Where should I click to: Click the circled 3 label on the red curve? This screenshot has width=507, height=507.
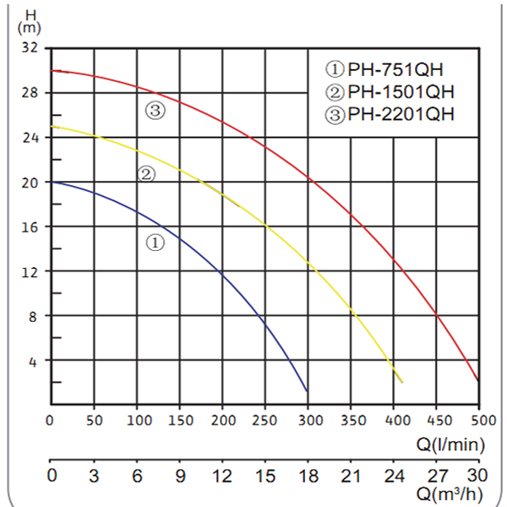pos(155,111)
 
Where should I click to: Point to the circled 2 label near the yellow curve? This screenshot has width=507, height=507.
pos(146,175)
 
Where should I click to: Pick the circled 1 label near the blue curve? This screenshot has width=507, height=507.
pos(155,243)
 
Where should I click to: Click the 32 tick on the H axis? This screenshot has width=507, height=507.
pos(30,48)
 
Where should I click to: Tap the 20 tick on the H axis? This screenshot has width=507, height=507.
pos(30,183)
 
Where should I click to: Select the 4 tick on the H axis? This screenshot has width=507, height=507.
pos(35,361)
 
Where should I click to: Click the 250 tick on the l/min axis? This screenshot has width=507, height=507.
pos(265,420)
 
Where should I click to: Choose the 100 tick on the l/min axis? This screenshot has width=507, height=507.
pos(137,420)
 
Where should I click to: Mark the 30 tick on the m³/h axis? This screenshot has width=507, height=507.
pos(479,476)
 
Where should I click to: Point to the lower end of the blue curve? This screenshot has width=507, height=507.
pos(306,390)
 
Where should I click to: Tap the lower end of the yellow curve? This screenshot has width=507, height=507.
pos(401,382)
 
